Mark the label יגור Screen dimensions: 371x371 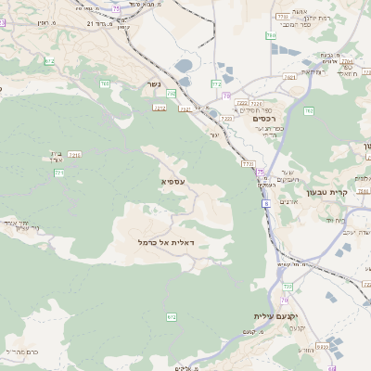pos(214,135)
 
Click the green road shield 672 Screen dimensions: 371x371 pos(172,317)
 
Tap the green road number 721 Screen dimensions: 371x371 pos(59,173)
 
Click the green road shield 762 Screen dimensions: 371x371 pos(309,110)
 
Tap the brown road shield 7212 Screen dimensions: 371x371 pos(186,109)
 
